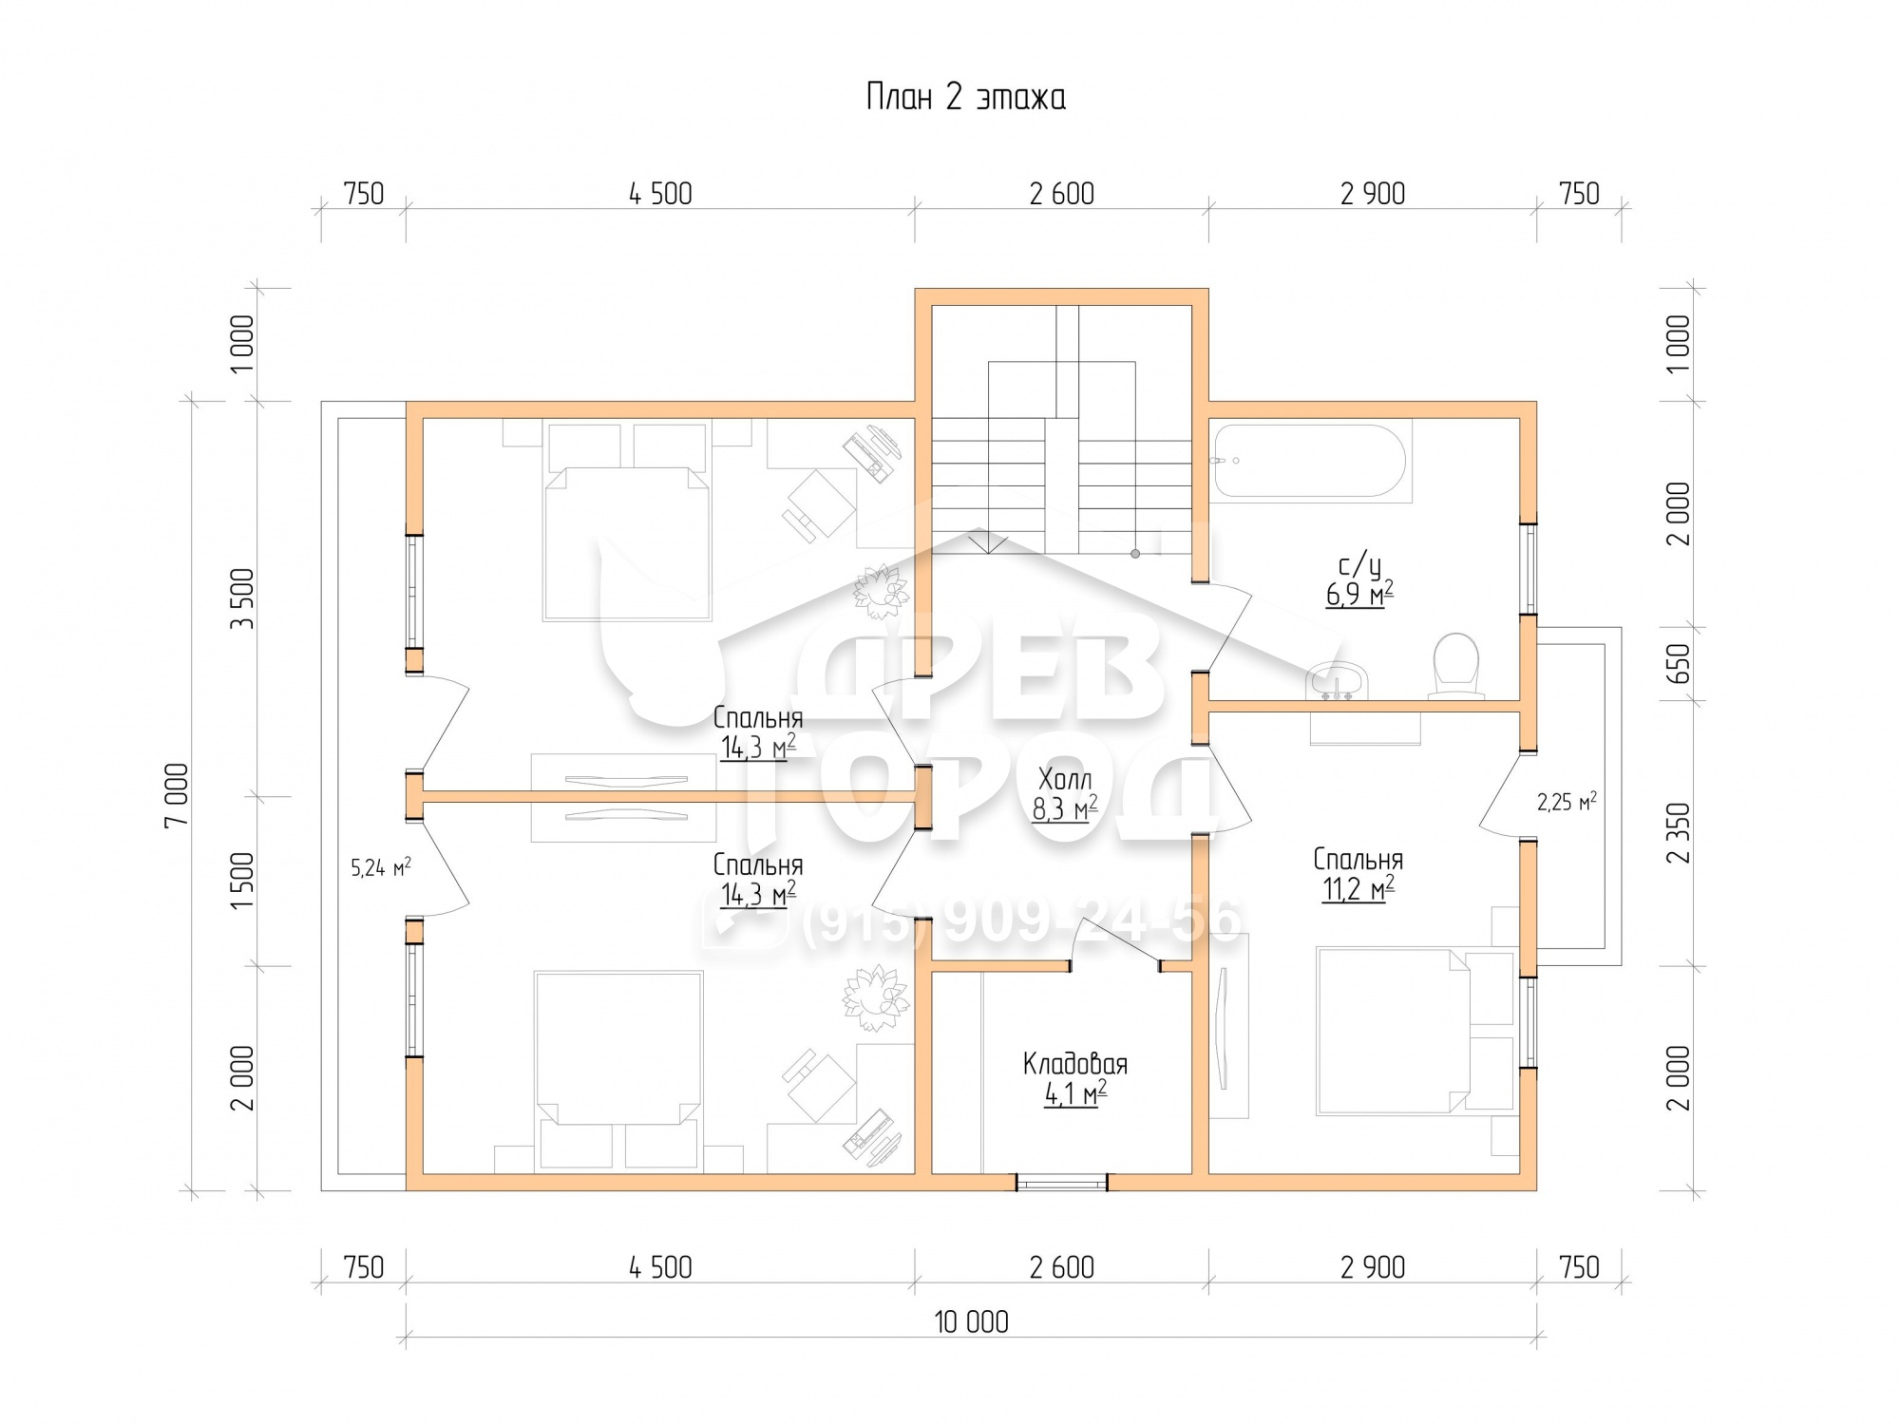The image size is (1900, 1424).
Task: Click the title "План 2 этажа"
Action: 965,97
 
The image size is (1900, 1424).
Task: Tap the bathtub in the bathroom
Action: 1311,461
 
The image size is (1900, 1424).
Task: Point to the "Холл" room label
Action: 1065,780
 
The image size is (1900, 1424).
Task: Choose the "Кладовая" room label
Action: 1075,1063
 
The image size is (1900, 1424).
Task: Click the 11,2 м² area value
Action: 1358,889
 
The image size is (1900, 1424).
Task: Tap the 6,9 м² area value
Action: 1359,596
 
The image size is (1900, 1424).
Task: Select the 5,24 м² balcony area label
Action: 381,866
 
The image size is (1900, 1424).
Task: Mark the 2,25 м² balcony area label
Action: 1567,803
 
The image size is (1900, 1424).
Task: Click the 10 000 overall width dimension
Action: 971,1321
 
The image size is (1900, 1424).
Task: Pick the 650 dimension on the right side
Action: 1679,663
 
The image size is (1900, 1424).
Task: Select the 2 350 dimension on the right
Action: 1679,833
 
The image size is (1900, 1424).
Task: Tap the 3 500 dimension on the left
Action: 242,598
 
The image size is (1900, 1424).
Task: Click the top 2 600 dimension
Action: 1061,194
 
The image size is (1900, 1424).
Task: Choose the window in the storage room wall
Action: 1061,1183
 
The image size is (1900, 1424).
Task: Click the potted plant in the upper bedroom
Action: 881,588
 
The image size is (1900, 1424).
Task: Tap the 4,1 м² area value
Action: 1075,1094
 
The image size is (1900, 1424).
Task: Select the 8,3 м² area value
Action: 1065,809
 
